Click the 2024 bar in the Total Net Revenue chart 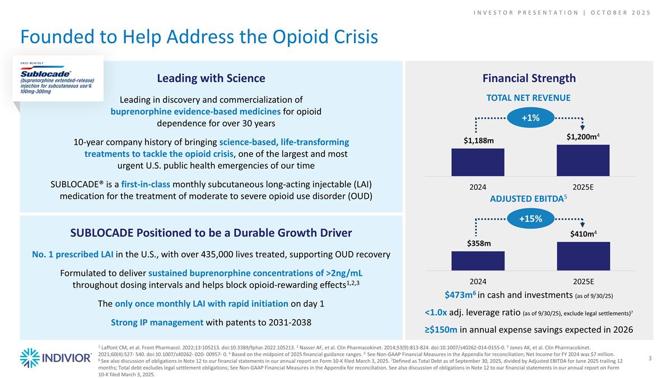(x=478, y=162)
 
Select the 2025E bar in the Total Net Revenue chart (x=583, y=160)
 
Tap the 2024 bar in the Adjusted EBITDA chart (x=478, y=260)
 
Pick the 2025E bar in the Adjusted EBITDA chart (x=583, y=258)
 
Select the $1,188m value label (x=478, y=140)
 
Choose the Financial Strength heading (x=529, y=78)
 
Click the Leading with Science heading (x=211, y=78)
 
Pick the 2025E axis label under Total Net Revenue (x=583, y=186)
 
